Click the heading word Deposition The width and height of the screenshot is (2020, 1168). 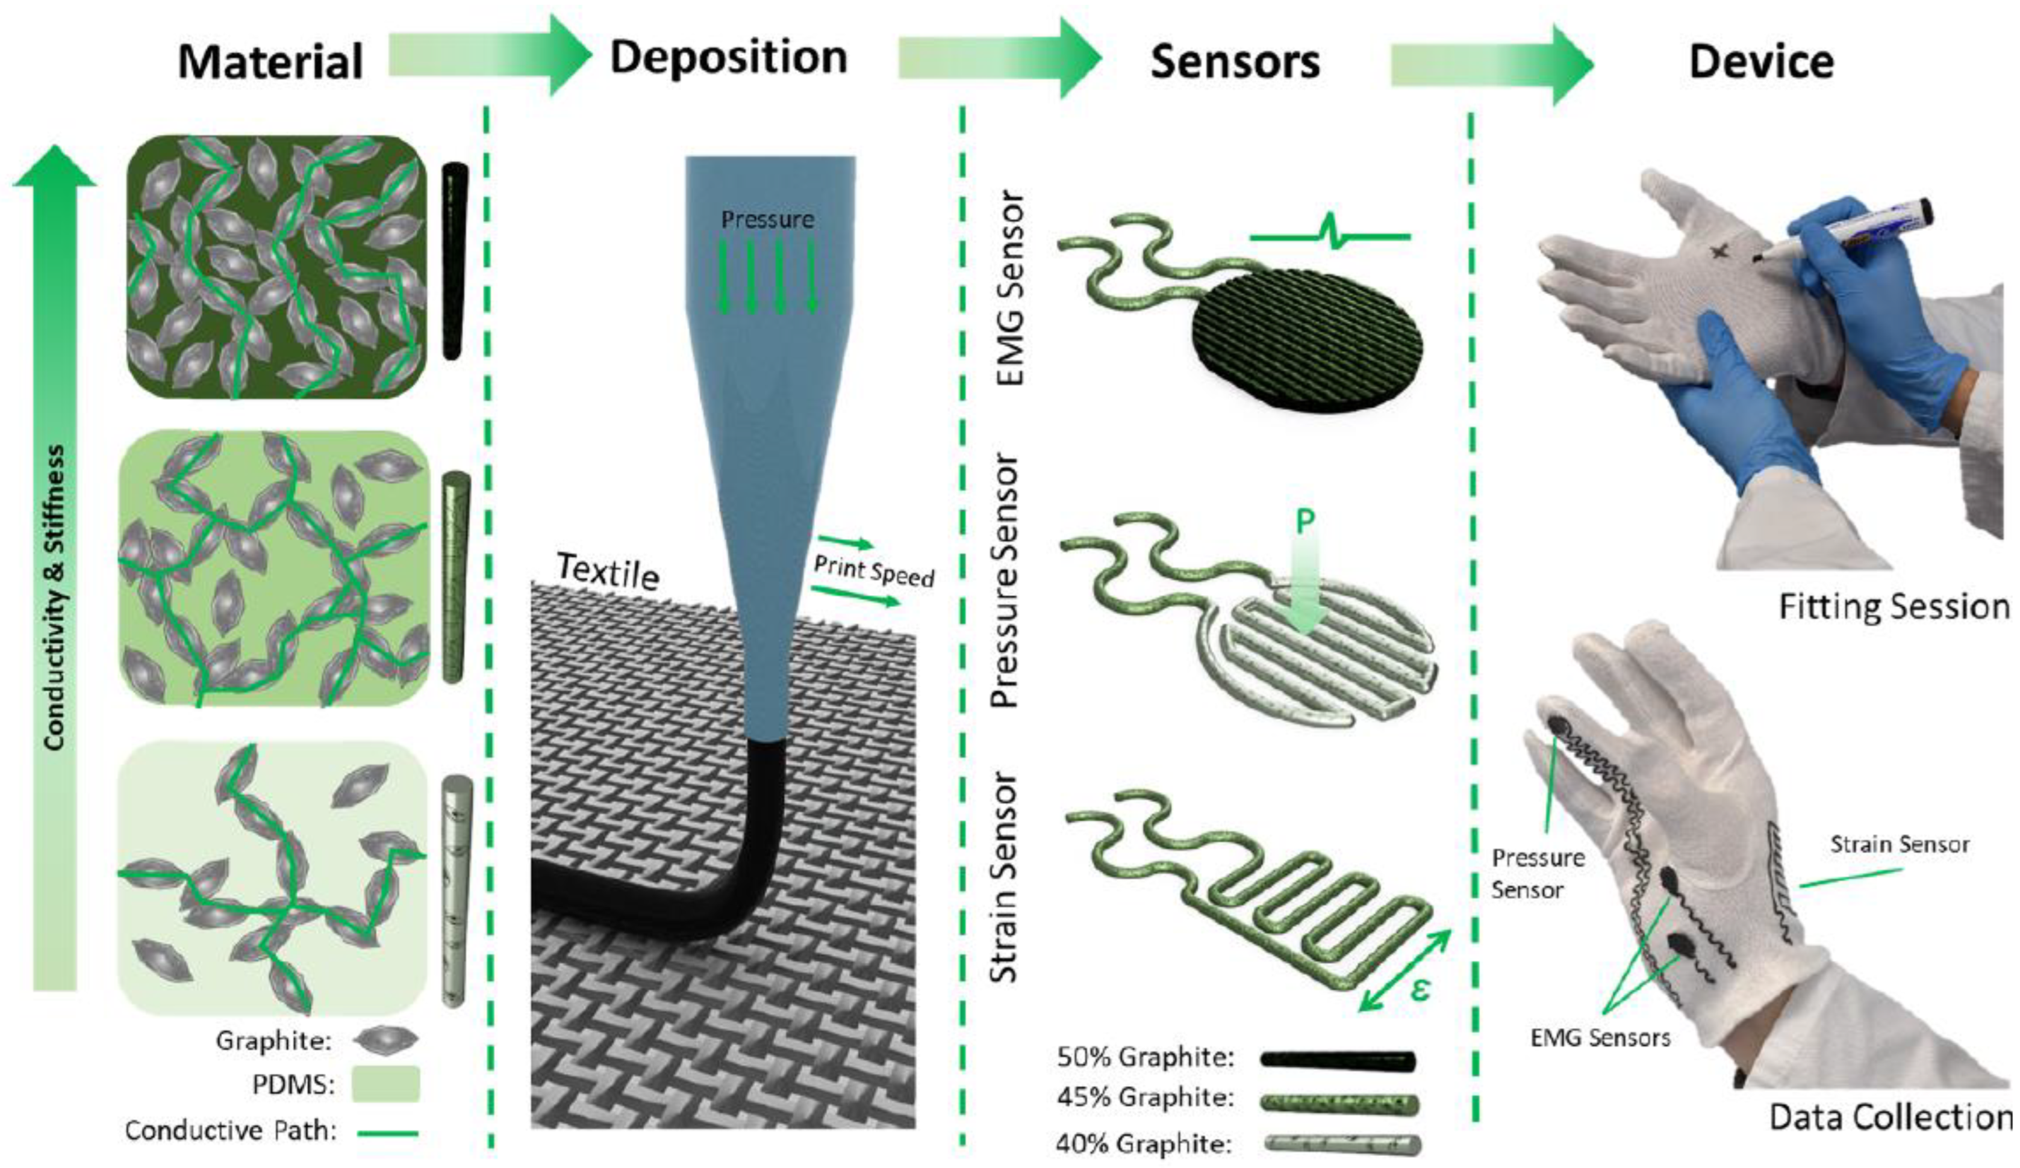coord(728,58)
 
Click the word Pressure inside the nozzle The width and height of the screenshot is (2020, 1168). coord(767,220)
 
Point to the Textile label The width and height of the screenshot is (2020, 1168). coord(608,570)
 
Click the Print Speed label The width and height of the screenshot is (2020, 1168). coord(874,572)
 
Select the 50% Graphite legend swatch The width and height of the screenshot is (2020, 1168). coord(1338,1059)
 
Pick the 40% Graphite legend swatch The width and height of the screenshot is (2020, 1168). coord(1341,1144)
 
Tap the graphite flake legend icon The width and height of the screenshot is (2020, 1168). coord(387,1040)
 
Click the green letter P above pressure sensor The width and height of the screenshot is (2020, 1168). coord(1305,522)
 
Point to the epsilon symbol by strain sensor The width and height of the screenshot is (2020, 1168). coord(1419,990)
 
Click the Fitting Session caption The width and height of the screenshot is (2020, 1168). coord(1894,607)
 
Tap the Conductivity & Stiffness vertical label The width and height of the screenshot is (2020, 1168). coord(55,597)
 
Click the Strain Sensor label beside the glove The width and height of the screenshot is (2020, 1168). coord(1899,844)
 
